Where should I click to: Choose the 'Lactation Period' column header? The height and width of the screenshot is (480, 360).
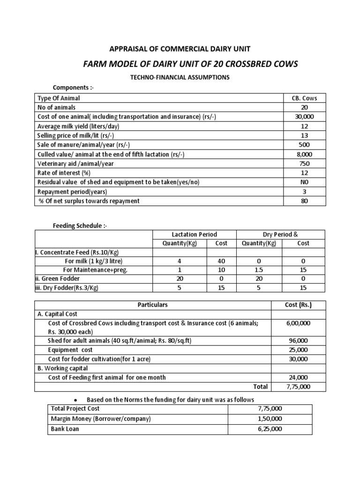click(x=195, y=234)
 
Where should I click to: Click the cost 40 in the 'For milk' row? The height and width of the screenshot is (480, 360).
click(x=222, y=261)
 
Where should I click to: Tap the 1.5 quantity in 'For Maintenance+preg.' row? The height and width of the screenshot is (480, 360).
click(x=259, y=270)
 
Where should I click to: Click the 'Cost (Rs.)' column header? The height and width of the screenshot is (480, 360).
click(x=298, y=305)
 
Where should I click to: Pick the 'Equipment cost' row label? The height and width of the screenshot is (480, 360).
click(x=70, y=350)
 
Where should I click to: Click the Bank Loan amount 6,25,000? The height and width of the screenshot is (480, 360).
click(x=271, y=429)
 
